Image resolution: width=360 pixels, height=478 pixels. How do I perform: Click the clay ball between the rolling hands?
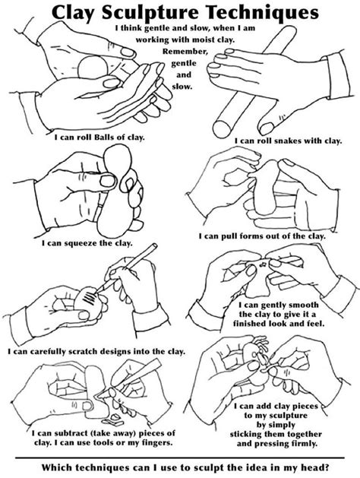pyautogui.click(x=93, y=66)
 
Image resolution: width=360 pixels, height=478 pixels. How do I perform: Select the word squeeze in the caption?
pyautogui.click(x=80, y=244)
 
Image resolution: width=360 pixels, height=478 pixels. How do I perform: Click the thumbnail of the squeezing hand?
pyautogui.click(x=108, y=180)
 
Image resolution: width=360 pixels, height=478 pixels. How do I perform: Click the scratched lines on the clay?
pyautogui.click(x=90, y=299)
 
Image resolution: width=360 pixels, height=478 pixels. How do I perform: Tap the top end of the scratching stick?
pyautogui.click(x=155, y=245)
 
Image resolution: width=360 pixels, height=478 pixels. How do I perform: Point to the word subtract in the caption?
pyautogui.click(x=68, y=433)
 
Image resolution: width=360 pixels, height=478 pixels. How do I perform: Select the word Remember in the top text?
pyautogui.click(x=185, y=52)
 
